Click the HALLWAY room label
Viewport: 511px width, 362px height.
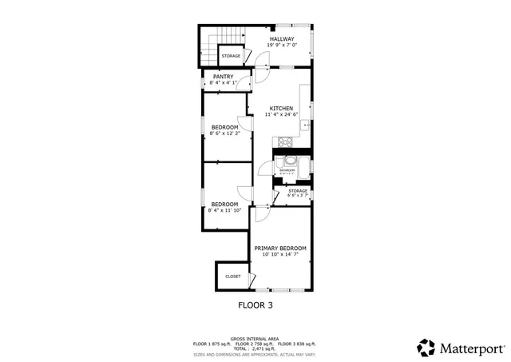[281, 39]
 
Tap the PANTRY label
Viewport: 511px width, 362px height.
[223, 77]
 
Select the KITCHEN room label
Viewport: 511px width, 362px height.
[280, 109]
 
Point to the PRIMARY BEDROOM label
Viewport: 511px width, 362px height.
[280, 249]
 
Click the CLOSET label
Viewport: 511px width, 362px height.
[232, 276]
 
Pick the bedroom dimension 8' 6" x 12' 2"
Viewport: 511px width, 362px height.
[224, 133]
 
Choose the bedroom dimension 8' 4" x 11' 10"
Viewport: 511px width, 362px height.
[224, 210]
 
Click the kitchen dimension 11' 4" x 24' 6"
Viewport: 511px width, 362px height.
[280, 114]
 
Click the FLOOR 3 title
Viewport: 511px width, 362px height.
[255, 305]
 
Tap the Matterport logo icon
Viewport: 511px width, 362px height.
[426, 348]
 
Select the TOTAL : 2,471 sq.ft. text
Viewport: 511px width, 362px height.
[255, 348]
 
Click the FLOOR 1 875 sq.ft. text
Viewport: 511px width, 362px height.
[211, 344]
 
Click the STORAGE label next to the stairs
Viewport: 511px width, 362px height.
[231, 56]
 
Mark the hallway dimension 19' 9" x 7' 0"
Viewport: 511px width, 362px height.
[281, 45]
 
